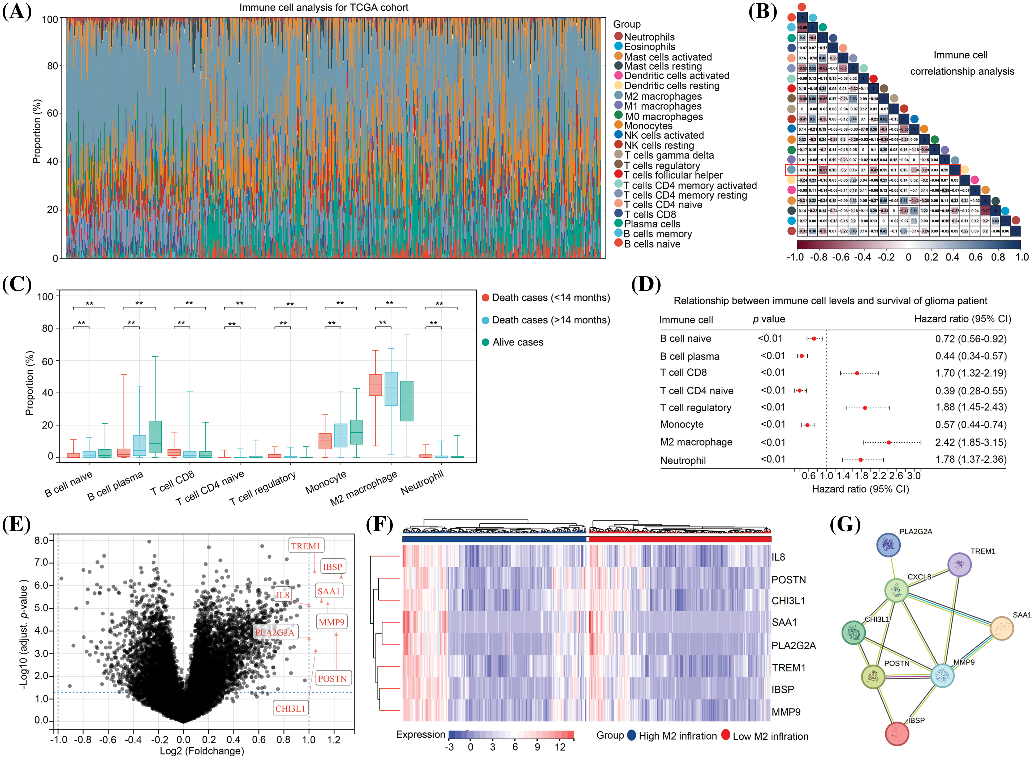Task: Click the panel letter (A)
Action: (x=17, y=11)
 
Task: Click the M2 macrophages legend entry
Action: (x=663, y=96)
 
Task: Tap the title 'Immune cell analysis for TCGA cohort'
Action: (x=324, y=7)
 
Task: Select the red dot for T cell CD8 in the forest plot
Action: (x=857, y=373)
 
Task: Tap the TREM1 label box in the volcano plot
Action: (x=305, y=546)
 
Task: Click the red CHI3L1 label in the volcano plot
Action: (x=290, y=709)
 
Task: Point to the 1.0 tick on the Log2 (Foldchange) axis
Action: (x=309, y=739)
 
